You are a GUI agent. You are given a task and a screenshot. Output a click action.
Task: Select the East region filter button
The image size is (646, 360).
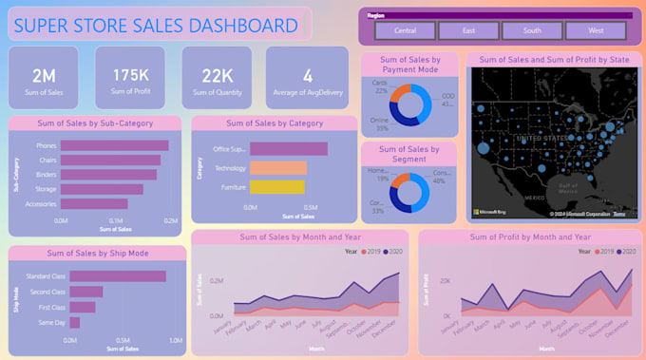[469, 30]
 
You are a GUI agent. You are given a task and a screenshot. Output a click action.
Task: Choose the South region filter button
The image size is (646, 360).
[532, 30]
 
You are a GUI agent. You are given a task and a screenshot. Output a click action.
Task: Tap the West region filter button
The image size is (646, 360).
[596, 30]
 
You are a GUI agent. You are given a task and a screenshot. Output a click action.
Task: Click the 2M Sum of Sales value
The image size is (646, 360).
[44, 75]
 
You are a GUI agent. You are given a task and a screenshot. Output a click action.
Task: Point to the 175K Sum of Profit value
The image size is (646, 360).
[130, 75]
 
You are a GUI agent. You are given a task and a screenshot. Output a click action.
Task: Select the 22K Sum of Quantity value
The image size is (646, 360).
[218, 75]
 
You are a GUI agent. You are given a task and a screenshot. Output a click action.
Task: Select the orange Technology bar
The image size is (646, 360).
[277, 168]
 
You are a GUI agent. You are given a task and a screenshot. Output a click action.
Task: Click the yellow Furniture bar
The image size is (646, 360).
[277, 187]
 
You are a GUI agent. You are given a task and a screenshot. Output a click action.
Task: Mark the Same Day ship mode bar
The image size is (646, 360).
[75, 322]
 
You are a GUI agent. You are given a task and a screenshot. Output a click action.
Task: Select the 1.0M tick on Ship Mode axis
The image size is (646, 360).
[175, 340]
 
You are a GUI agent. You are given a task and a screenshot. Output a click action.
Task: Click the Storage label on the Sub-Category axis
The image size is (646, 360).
[44, 189]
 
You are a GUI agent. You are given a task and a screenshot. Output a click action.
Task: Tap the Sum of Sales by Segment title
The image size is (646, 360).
[409, 154]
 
